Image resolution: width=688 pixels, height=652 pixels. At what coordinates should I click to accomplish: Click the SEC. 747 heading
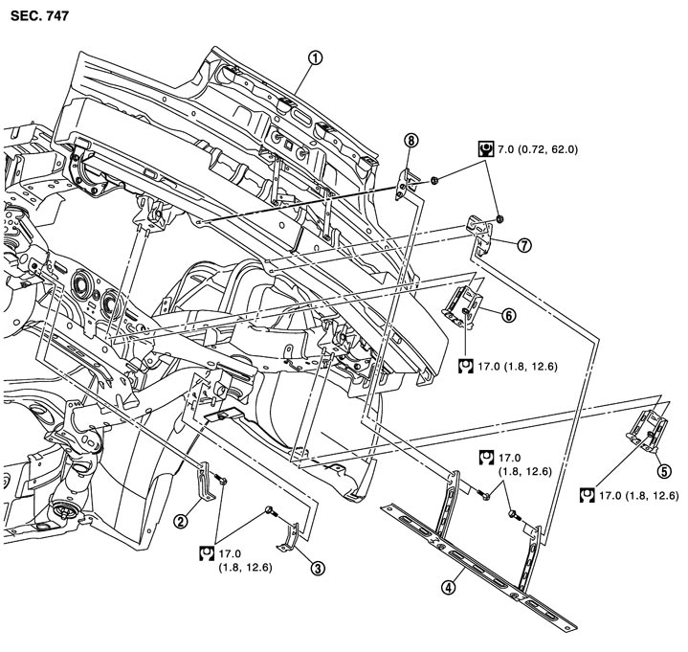click(x=39, y=16)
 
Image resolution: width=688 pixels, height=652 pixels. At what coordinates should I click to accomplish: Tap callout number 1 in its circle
click(x=316, y=58)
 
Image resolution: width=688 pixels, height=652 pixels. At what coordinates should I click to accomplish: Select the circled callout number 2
click(x=181, y=521)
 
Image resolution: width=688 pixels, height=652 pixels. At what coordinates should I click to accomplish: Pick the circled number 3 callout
click(x=318, y=568)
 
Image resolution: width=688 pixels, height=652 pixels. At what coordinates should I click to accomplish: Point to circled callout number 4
click(x=448, y=587)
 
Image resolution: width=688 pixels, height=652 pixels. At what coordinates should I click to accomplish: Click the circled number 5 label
click(x=664, y=471)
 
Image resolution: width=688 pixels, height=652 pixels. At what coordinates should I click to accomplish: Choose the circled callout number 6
click(x=508, y=315)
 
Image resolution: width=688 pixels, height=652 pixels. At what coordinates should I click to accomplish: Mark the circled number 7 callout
click(x=524, y=245)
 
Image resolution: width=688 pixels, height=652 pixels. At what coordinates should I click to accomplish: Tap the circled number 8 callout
click(x=411, y=141)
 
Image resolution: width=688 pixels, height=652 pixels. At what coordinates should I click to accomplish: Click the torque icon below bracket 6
click(x=466, y=366)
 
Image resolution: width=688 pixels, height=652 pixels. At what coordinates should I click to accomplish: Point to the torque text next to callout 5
click(x=639, y=495)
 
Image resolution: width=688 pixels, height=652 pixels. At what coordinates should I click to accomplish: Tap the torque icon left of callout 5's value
click(x=588, y=495)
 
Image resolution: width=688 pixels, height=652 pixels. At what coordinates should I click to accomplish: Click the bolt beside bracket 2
click(x=221, y=479)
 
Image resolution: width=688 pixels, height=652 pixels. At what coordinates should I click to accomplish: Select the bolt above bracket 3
click(x=271, y=511)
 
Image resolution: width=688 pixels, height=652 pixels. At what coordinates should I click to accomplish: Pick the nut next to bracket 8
click(x=433, y=180)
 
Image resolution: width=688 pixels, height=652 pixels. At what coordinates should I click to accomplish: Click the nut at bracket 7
click(x=499, y=218)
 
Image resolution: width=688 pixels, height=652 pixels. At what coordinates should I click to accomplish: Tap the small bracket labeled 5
click(x=648, y=430)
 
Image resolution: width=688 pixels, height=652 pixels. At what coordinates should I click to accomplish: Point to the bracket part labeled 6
click(x=463, y=305)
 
